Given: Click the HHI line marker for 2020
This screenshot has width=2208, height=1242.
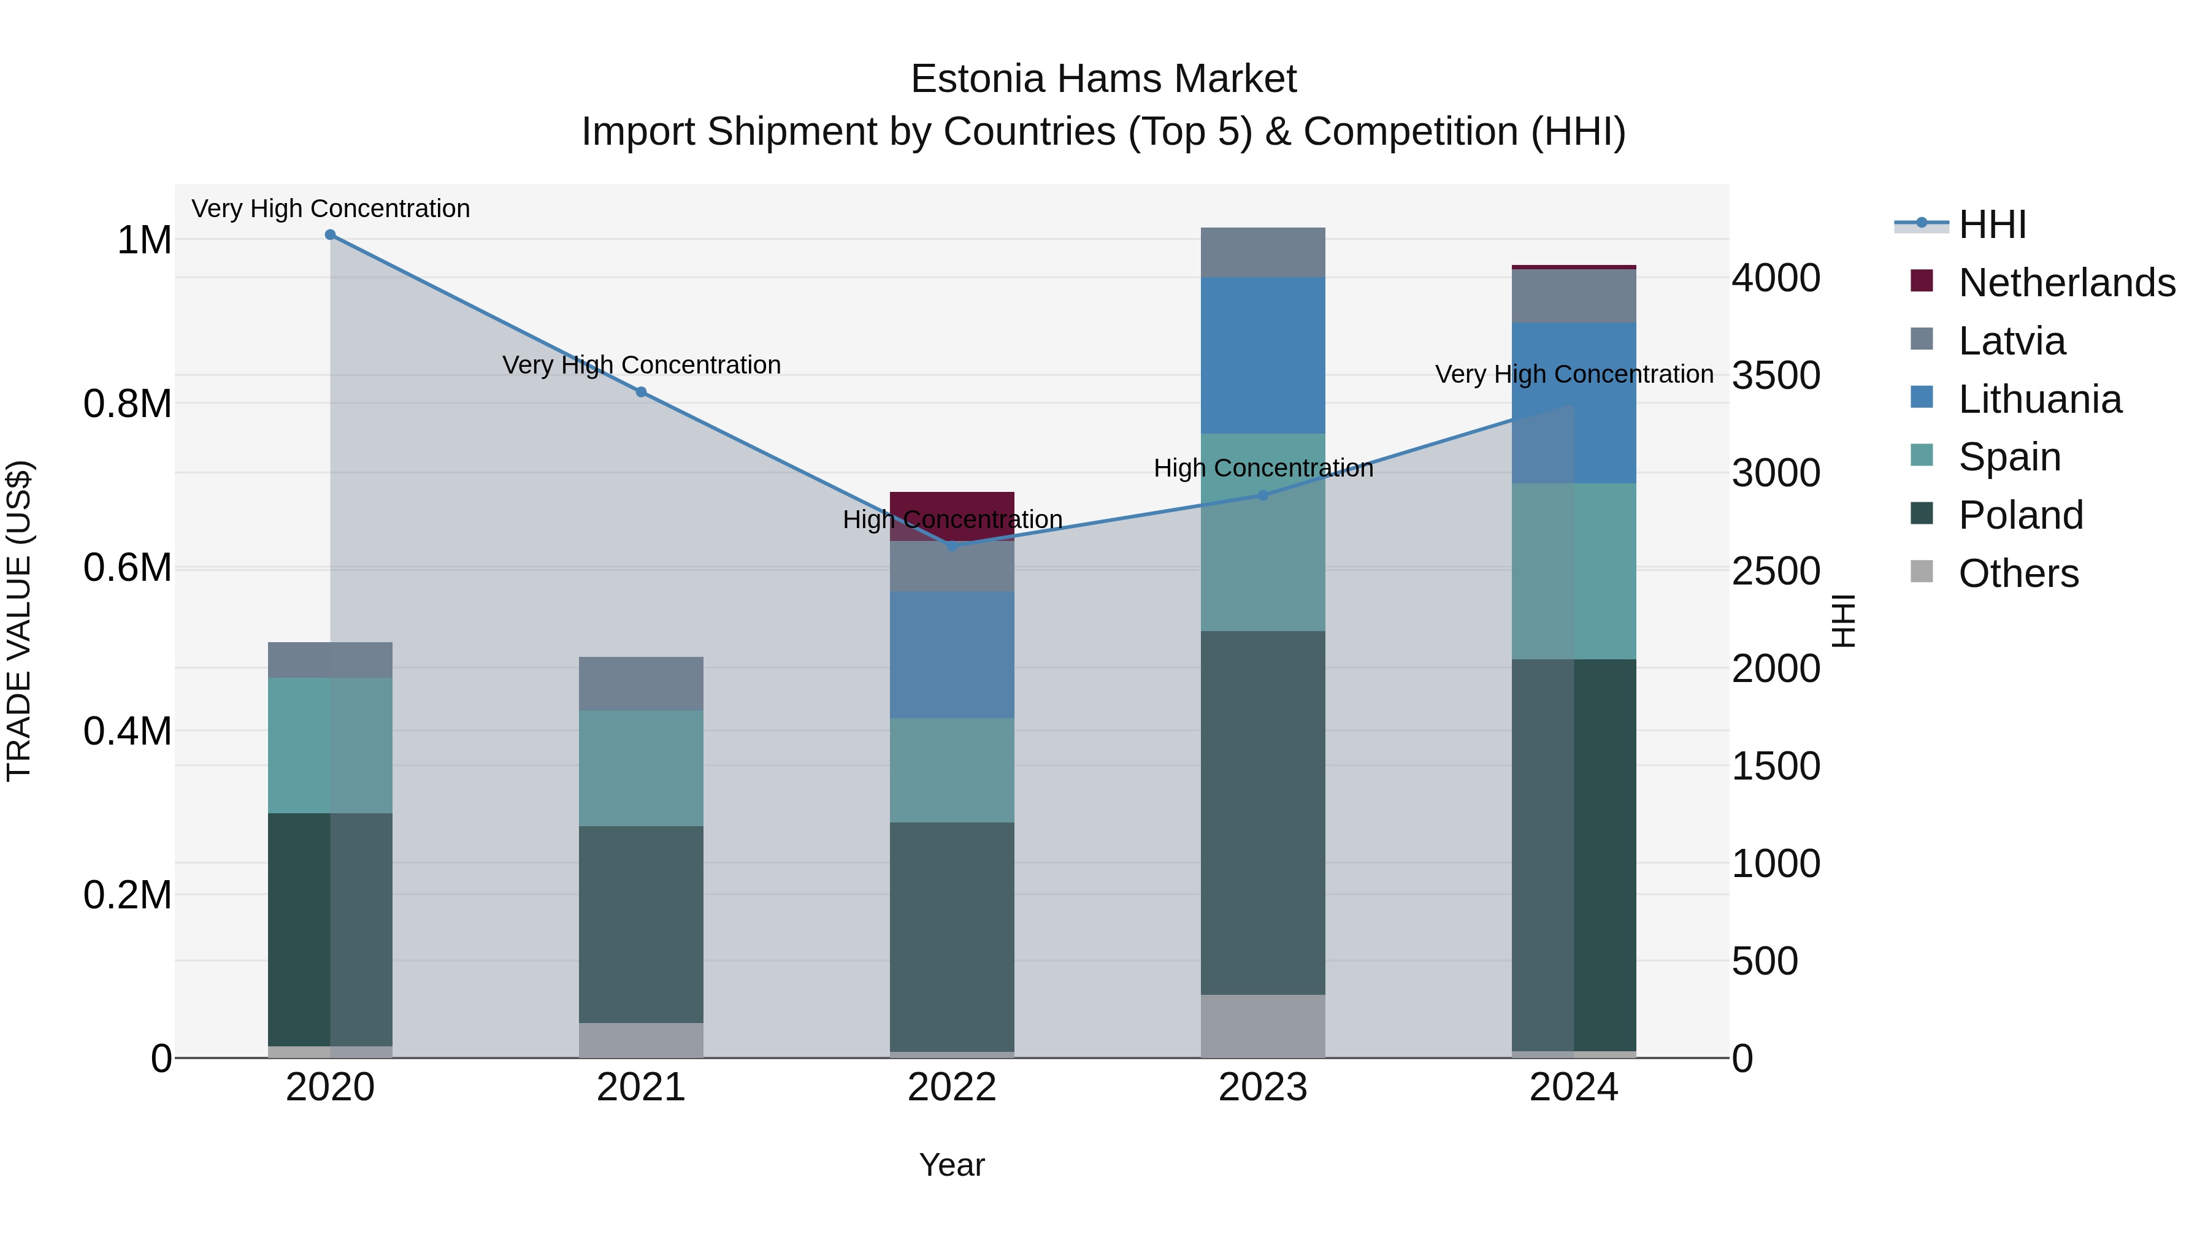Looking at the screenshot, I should (x=330, y=235).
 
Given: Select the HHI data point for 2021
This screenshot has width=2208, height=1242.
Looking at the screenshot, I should (x=641, y=392).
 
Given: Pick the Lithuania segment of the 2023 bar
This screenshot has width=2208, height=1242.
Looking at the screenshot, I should (x=1263, y=355).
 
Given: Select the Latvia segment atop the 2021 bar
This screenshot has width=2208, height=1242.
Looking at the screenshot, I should (x=641, y=683).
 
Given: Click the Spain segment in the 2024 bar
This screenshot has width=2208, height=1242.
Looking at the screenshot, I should (x=1574, y=571).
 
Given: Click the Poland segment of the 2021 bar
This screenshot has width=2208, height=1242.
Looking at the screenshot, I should (x=641, y=924).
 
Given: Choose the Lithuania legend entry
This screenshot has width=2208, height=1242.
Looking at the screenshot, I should (x=2039, y=399).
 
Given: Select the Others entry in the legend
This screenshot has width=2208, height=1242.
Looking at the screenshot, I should (x=2018, y=573).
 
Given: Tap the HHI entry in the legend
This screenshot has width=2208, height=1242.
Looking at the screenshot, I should (x=1992, y=224).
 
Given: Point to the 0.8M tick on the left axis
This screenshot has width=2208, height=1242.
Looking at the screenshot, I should (x=128, y=404).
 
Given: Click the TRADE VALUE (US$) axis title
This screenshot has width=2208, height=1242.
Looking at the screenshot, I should (x=19, y=621).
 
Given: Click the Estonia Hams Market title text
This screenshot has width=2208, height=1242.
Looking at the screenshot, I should (x=1103, y=79).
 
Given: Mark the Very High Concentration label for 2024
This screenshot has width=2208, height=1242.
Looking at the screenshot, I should (x=1574, y=375).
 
